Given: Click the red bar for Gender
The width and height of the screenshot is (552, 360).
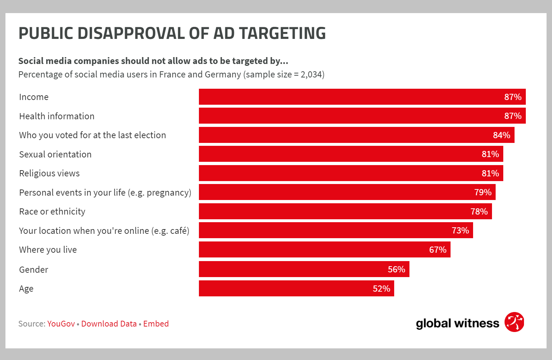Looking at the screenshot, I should (x=304, y=269).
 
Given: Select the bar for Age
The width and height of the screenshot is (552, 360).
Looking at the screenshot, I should (x=296, y=288).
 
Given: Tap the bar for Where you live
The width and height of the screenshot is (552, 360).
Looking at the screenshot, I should (x=324, y=249).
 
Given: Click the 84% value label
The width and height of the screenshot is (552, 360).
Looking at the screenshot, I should (x=501, y=135).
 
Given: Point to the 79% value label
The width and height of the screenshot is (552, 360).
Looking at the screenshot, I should (x=483, y=192).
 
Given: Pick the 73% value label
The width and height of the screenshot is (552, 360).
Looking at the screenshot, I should (x=460, y=231).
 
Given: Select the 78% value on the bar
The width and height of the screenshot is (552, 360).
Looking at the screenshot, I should (x=479, y=212).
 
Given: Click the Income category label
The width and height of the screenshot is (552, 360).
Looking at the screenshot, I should (x=34, y=97).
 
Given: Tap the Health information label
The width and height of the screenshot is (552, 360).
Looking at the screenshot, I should (x=57, y=116).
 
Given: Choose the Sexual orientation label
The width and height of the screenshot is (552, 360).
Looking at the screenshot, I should (x=55, y=155).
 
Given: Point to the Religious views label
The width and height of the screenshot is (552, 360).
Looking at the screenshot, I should (x=49, y=173).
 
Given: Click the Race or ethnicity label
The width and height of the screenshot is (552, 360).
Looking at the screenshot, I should (x=52, y=212).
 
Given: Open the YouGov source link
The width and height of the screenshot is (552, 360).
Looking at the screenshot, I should (x=61, y=324).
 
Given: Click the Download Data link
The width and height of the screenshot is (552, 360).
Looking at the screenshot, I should (x=109, y=324).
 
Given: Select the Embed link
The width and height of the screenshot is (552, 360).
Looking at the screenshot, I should (x=156, y=324).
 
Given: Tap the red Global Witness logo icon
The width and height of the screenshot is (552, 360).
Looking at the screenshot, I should (x=514, y=322).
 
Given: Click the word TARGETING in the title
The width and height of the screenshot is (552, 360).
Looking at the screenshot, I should (x=282, y=33).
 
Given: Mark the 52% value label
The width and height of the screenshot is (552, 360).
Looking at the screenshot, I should (x=381, y=289).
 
